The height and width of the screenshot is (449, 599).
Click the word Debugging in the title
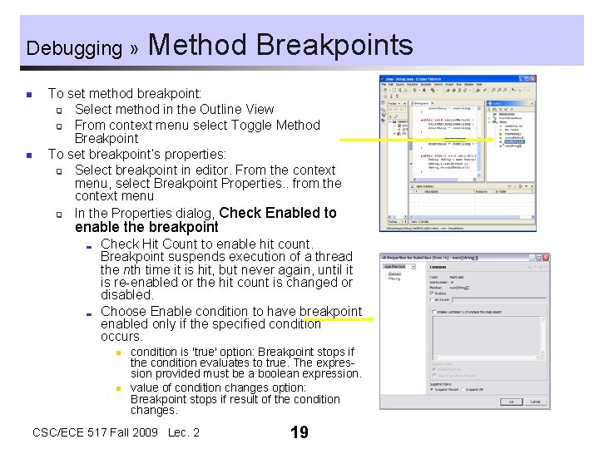tap(74, 48)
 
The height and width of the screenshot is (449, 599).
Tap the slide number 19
tap(299, 432)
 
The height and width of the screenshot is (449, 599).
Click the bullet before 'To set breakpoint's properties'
tap(28, 155)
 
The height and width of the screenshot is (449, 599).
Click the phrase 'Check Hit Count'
tap(149, 244)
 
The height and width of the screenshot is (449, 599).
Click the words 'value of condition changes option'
tap(218, 387)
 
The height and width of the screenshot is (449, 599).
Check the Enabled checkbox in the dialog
tap(433, 294)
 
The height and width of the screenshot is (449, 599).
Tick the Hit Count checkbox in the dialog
tap(433, 300)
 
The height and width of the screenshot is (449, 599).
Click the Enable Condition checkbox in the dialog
tap(433, 313)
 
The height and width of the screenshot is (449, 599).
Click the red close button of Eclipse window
tap(532, 80)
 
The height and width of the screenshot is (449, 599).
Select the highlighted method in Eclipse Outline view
tap(513, 141)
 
